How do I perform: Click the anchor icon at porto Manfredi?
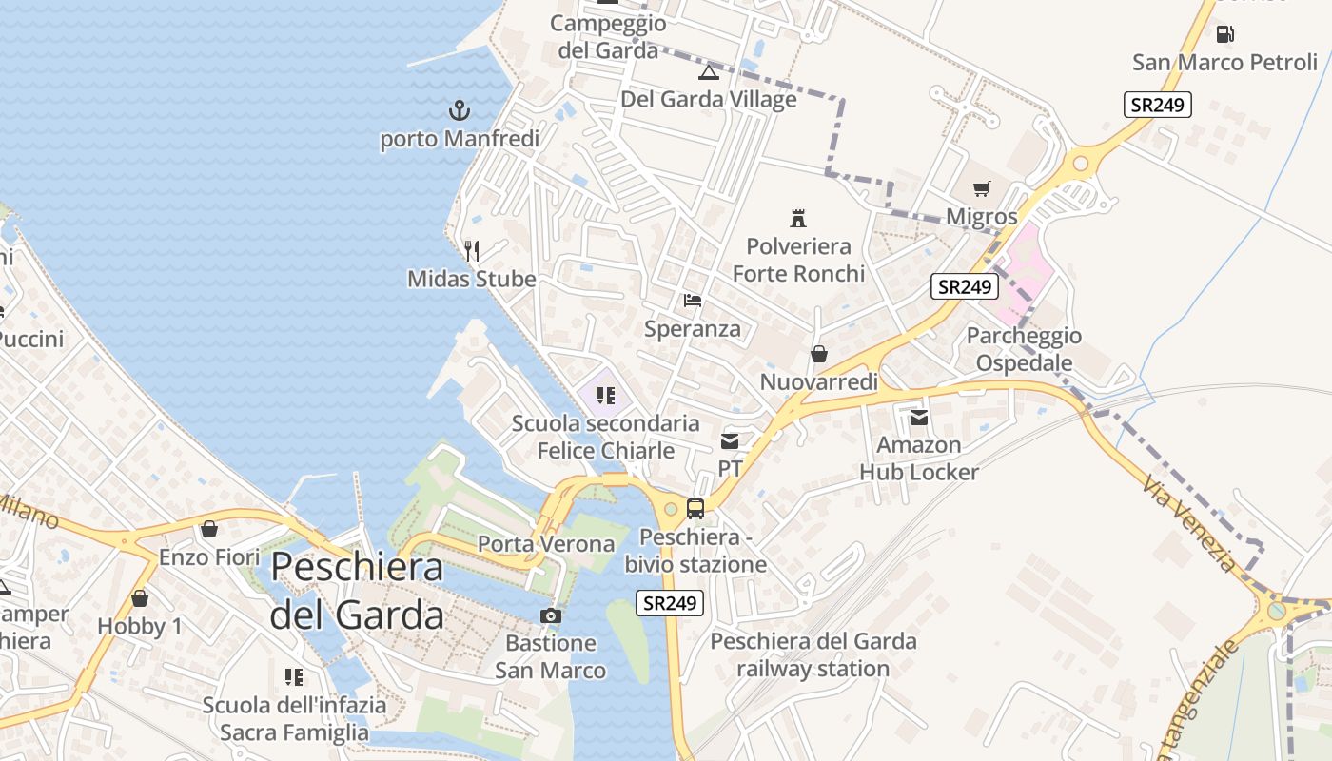pyautogui.click(x=460, y=110)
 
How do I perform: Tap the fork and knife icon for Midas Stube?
pyautogui.click(x=472, y=251)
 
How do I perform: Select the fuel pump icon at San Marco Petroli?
pyautogui.click(x=1224, y=34)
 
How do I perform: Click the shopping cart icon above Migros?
pyautogui.click(x=982, y=189)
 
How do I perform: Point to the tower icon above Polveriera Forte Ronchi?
pyautogui.click(x=798, y=219)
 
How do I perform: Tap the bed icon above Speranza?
pyautogui.click(x=693, y=302)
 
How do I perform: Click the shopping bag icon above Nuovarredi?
pyautogui.click(x=818, y=355)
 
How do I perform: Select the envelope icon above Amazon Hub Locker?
pyautogui.click(x=919, y=417)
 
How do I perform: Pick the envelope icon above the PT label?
pyautogui.click(x=730, y=440)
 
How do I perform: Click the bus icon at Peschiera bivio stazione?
pyautogui.click(x=695, y=509)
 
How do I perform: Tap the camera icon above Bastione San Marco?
pyautogui.click(x=551, y=615)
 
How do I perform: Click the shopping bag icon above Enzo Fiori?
pyautogui.click(x=209, y=529)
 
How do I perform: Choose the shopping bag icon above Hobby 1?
pyautogui.click(x=140, y=598)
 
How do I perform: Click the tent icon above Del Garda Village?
pyautogui.click(x=708, y=72)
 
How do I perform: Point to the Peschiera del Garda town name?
pyautogui.click(x=357, y=591)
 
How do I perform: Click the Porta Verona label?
pyautogui.click(x=546, y=544)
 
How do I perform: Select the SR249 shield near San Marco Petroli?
pyautogui.click(x=1157, y=105)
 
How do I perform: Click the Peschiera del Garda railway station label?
pyautogui.click(x=813, y=654)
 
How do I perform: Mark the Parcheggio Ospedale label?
pyautogui.click(x=1024, y=349)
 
